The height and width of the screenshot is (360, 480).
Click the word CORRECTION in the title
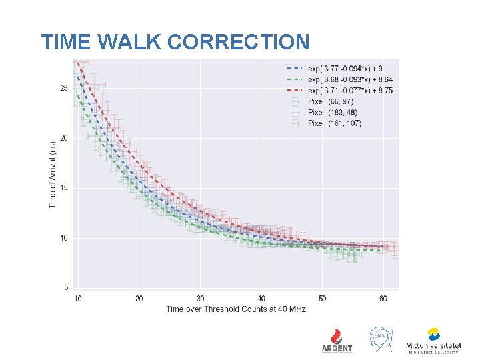point(239,42)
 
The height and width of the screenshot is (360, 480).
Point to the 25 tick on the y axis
point(63,88)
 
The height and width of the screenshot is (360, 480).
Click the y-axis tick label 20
point(63,138)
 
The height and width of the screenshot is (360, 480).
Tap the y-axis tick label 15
point(63,188)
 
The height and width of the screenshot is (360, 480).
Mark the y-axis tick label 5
point(65,287)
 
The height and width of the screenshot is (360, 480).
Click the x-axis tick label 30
point(200,298)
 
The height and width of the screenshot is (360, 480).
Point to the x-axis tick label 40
point(261,298)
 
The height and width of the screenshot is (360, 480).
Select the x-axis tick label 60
point(383,298)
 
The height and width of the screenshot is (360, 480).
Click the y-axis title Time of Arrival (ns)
point(53,173)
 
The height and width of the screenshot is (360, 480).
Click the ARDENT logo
point(337,340)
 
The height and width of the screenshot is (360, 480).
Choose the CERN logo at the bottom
point(381,339)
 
